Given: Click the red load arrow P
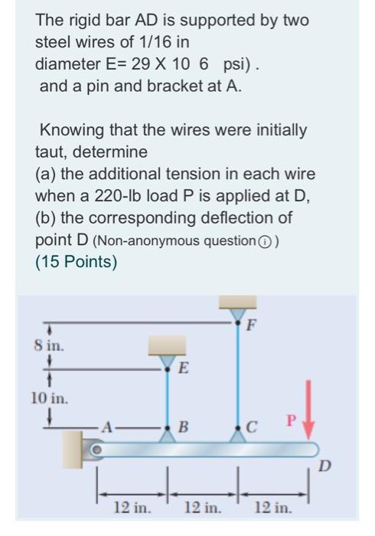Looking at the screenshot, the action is coord(308,410).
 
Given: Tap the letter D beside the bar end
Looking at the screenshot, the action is coord(324,466).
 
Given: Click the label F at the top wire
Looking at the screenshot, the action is coord(251,325).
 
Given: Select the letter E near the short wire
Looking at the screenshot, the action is coord(184,368).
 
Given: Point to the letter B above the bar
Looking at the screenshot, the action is coord(184,427).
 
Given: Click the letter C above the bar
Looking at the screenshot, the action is coord(251,427).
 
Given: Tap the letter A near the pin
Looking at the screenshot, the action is coord(107,427).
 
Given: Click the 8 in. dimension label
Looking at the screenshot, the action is coord(49,345).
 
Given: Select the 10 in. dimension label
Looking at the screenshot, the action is coord(49,398).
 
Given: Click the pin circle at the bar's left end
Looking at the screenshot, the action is coord(97,450).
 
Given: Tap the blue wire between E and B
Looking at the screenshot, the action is coord(168,398).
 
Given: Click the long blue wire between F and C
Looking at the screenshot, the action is coord(237,375).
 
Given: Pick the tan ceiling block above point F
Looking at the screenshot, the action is coord(238,302).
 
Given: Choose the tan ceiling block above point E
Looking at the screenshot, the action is coord(167,345).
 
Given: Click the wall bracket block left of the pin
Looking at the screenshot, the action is coord(73,449).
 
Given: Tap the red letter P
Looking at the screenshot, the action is coord(291,420).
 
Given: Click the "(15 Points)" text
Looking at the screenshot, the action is coord(77,262).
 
